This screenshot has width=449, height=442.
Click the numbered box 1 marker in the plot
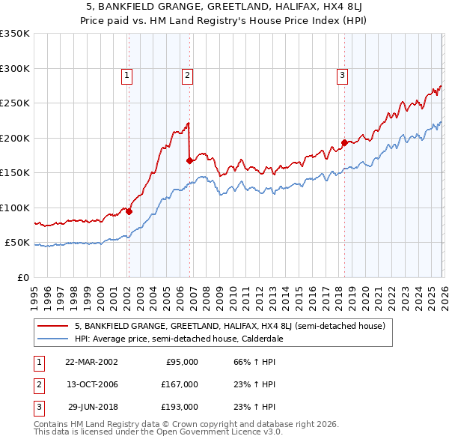pos(127,75)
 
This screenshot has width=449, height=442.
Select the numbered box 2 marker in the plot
pos(186,75)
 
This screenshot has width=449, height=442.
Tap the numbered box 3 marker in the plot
pos(341,75)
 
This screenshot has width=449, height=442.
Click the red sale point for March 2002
pos(129,211)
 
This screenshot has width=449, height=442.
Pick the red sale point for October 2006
pos(189,160)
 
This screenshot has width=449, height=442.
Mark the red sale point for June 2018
pos(344,142)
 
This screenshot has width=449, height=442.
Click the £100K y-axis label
pos(15,208)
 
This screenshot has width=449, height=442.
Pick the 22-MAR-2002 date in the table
pos(91,362)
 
